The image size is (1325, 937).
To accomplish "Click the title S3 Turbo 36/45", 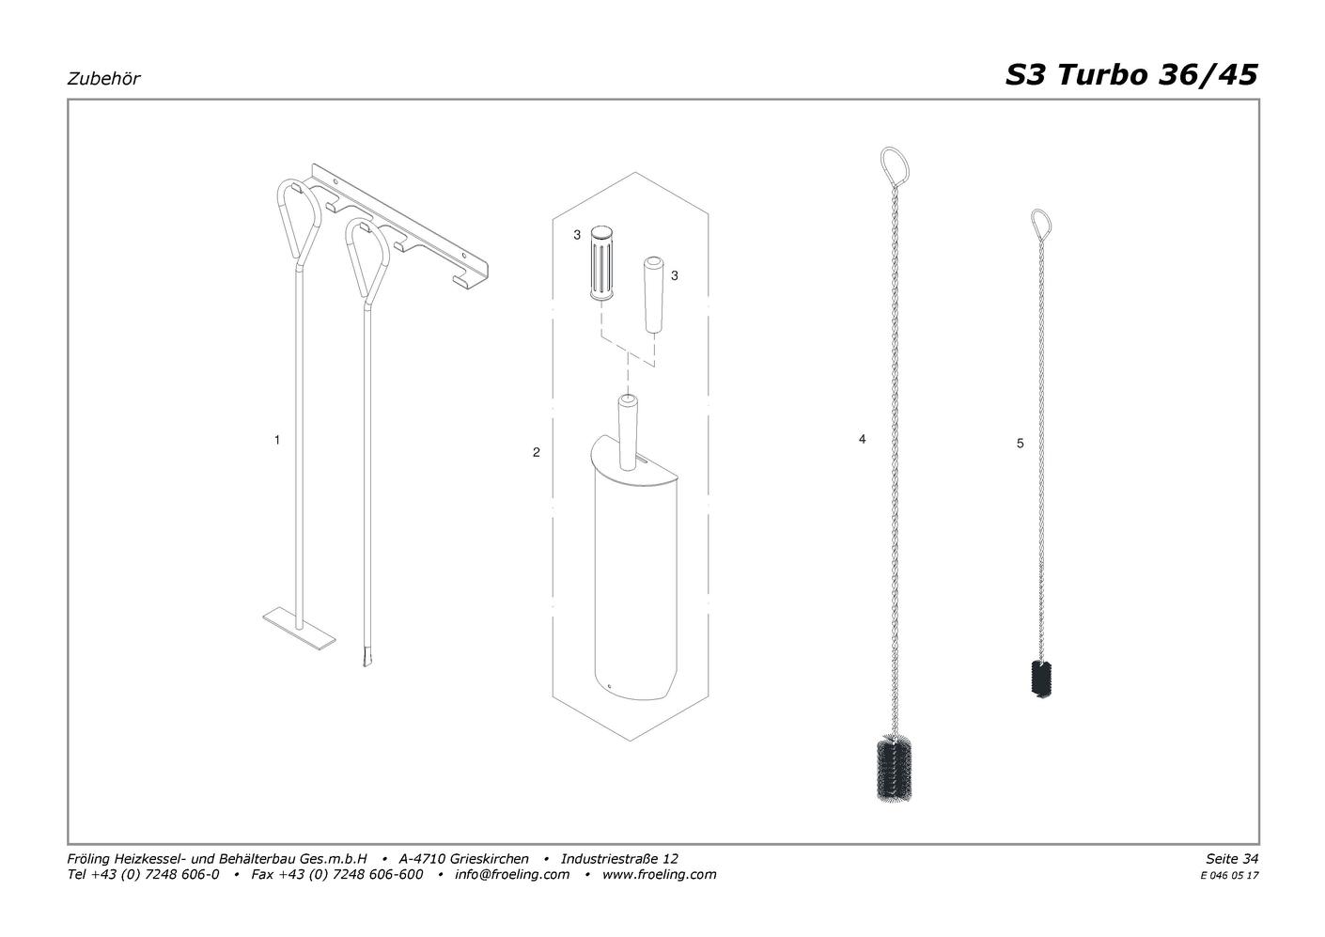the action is (x=1131, y=75).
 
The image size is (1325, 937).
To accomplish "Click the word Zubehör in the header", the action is (x=103, y=79).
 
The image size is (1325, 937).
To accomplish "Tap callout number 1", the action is (x=277, y=440).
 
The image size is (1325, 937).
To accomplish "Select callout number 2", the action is (x=536, y=453).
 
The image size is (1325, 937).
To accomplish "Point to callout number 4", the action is (x=862, y=439).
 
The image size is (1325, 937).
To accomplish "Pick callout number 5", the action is (x=1020, y=443).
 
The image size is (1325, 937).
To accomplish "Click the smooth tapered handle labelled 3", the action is (x=653, y=294).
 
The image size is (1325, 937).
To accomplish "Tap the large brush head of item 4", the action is (x=894, y=769).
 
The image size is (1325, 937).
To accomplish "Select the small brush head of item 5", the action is (x=1041, y=679).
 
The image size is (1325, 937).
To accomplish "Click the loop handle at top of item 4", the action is (x=895, y=165).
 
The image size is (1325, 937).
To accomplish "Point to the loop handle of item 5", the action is (x=1041, y=223).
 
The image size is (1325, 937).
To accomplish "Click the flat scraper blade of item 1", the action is (x=299, y=636).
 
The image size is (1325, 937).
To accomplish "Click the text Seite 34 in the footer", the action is (x=1232, y=858).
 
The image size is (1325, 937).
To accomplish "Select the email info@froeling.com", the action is (x=511, y=874).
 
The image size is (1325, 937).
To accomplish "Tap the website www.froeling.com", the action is (x=659, y=874).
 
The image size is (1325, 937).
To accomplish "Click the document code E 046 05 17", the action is (x=1229, y=876).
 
